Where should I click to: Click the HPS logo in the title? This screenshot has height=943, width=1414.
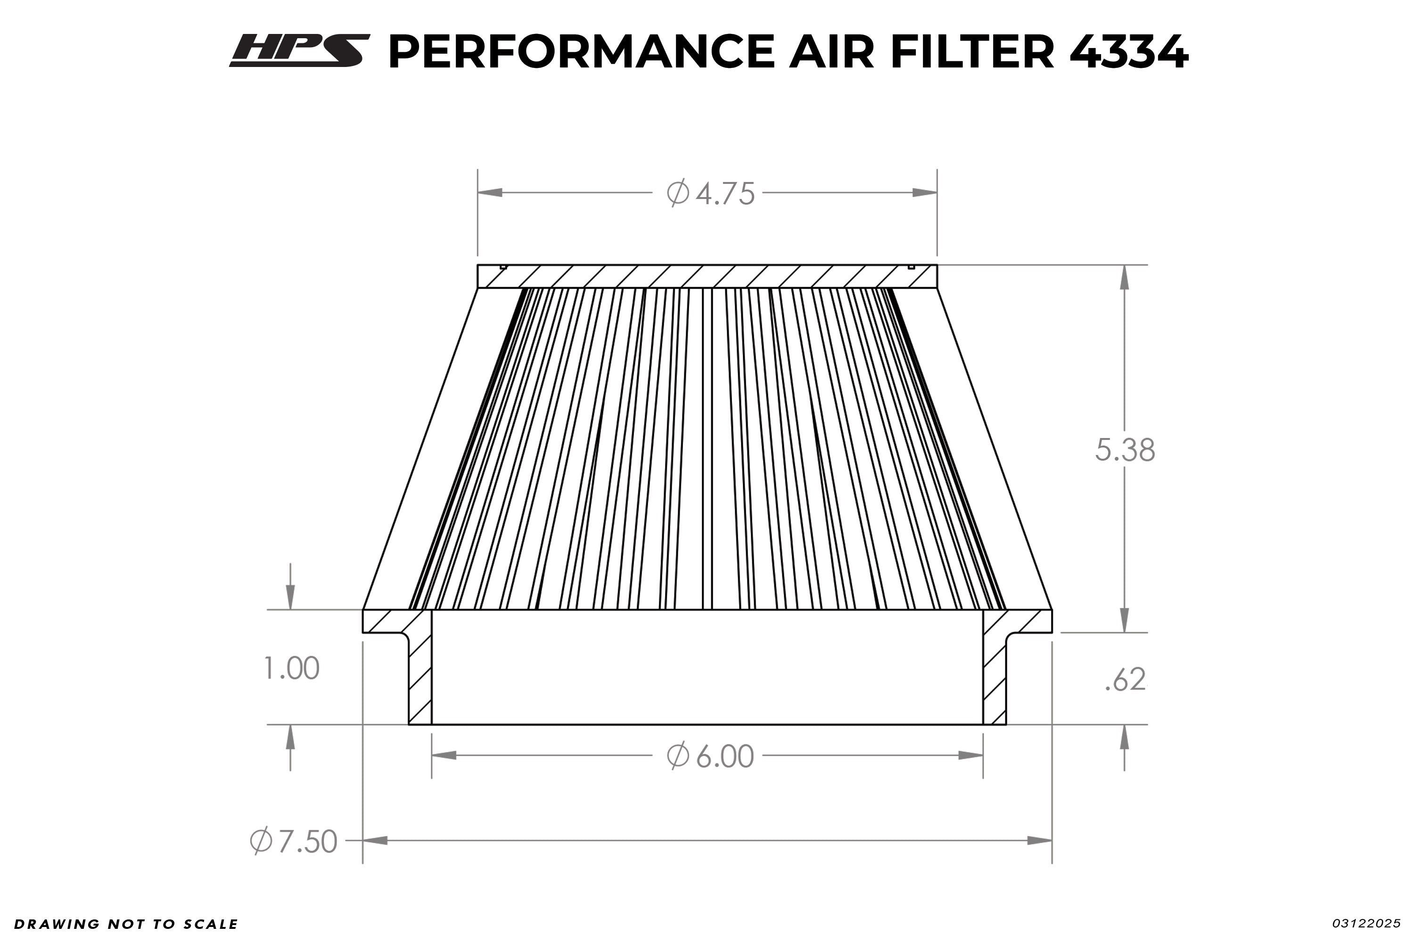299,50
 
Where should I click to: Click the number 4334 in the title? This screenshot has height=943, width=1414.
1128,52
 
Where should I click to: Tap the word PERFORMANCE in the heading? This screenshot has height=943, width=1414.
581,52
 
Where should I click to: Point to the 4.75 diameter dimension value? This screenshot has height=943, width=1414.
725,194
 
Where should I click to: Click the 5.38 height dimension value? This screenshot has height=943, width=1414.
1125,450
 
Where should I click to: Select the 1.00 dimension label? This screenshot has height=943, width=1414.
292,669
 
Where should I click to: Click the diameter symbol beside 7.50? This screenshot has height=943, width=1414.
261,841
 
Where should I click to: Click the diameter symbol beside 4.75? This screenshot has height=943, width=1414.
678,194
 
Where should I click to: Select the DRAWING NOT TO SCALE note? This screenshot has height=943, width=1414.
126,924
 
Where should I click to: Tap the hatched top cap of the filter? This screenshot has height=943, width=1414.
707,277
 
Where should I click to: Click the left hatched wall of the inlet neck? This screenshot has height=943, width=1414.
419,679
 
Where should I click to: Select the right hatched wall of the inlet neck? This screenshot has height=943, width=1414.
995,679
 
